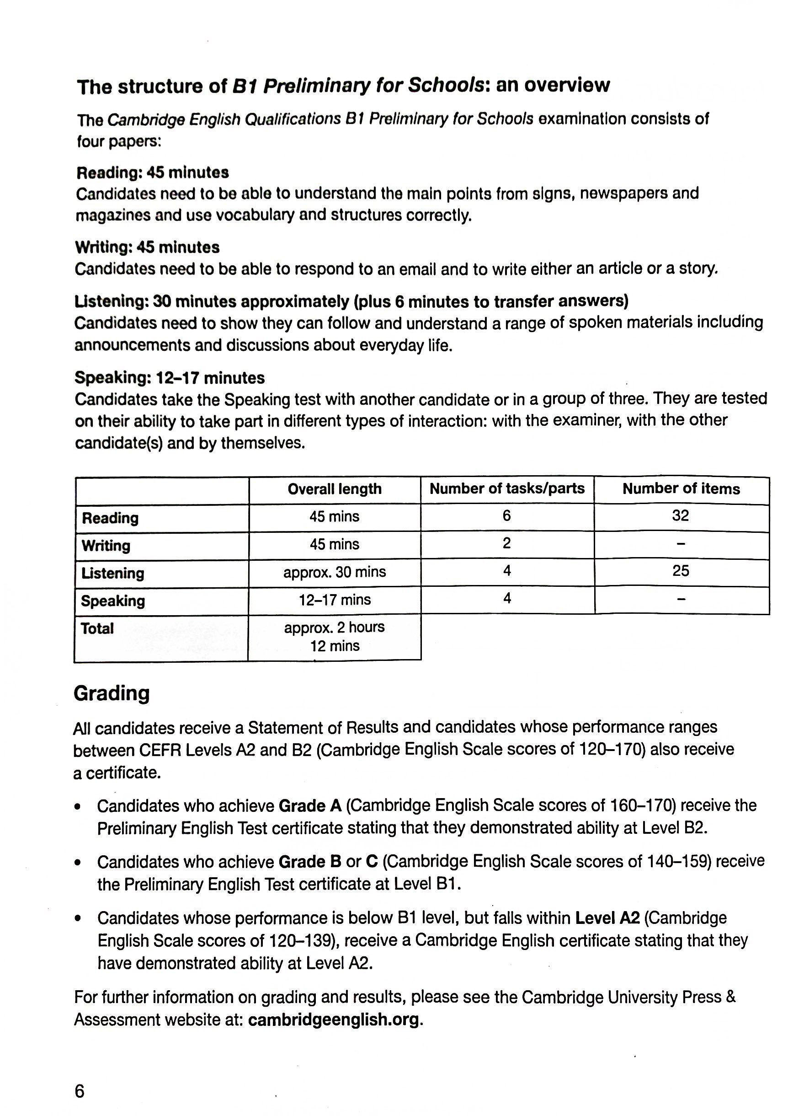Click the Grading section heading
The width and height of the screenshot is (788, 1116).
point(111,693)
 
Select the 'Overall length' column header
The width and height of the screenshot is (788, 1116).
point(334,489)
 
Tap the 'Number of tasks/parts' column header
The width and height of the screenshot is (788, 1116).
point(507,488)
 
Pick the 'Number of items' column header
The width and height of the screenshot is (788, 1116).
point(681,488)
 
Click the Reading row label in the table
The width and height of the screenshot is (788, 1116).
point(110,518)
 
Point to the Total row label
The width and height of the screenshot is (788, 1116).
point(97,628)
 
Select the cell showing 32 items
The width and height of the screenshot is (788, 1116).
point(680,516)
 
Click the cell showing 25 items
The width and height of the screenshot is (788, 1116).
point(680,571)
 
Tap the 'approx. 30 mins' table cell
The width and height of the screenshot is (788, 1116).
point(334,572)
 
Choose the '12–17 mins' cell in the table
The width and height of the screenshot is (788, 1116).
point(334,600)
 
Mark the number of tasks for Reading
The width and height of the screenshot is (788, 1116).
point(507,516)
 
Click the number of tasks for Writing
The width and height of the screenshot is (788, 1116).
point(507,543)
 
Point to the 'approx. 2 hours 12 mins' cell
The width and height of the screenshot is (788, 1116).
point(334,637)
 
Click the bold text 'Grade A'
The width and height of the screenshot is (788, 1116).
point(310,806)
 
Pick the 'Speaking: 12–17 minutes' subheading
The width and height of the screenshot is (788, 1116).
point(170,378)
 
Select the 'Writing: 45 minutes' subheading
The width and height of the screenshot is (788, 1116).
point(147,247)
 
